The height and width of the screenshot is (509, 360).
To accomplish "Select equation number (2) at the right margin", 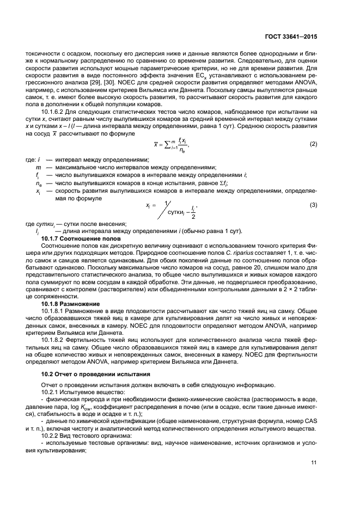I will [x=314, y=144].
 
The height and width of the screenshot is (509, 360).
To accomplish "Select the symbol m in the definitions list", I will [x=38, y=167].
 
